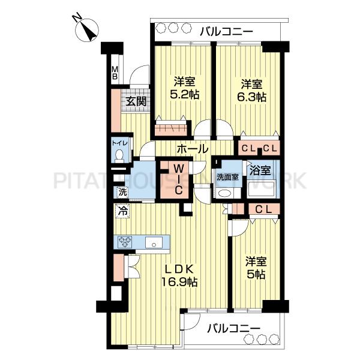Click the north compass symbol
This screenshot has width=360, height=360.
tap(87, 29)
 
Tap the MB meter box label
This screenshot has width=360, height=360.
tap(115, 73)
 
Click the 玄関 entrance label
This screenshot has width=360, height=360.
tap(136, 101)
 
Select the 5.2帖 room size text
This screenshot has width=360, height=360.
tap(185, 94)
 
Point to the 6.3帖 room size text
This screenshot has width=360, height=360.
tap(251, 97)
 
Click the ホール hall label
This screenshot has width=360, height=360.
tap(193, 149)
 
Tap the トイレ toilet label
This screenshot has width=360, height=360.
tap(119, 143)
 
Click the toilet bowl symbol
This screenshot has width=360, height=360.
tap(119, 155)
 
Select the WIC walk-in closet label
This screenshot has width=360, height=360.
tap(178, 180)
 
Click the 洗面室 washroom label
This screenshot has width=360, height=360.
tap(228, 178)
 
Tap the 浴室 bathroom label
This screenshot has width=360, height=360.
tap(260, 170)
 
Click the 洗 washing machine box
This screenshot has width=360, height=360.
tap(122, 193)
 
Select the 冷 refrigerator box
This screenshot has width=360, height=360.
tap(123, 211)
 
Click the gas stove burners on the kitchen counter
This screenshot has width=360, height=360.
tap(125, 242)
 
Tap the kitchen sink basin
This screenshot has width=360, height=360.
tap(154, 242)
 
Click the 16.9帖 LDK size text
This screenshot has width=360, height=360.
tap(179, 282)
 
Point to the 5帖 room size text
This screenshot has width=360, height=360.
tap(256, 274)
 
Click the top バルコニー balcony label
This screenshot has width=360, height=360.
tap(226, 31)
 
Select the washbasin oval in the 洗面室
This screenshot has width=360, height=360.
tap(224, 193)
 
